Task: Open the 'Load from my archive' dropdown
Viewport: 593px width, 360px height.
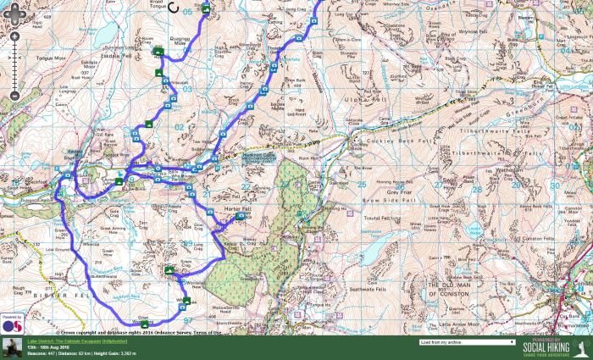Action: [467, 343]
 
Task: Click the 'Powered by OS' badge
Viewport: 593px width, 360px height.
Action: [10, 322]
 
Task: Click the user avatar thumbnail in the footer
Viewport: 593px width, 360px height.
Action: [12, 347]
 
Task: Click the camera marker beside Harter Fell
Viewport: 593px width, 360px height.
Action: [238, 219]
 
